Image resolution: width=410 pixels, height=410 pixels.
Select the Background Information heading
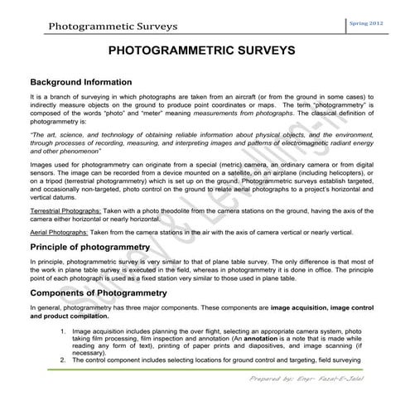pos(80,83)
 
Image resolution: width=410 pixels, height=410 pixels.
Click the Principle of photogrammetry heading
pos(89,247)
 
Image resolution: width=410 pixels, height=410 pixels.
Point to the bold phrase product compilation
pos(67,316)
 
